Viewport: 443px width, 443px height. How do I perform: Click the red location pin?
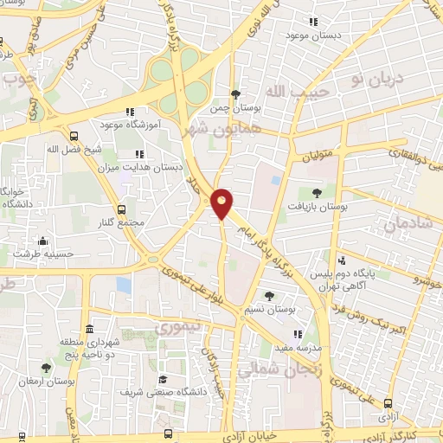coord(222,202)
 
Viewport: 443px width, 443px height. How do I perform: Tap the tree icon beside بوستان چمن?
coord(235,94)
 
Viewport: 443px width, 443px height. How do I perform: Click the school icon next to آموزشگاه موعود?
coord(131,112)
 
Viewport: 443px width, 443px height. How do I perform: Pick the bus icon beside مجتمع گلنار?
coord(120,209)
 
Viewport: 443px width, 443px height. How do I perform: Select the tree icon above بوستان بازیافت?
coord(315,193)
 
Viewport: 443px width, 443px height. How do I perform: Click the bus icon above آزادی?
coord(388,402)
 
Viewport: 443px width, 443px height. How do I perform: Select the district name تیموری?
coord(176,329)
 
